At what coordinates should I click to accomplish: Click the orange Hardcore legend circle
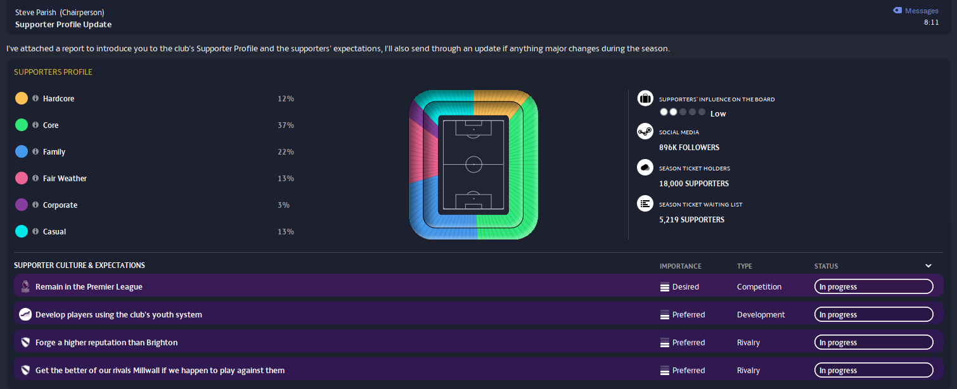[22, 99]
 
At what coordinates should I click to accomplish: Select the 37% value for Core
[285, 125]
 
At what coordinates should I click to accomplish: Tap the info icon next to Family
[35, 152]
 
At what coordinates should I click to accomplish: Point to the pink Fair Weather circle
[22, 179]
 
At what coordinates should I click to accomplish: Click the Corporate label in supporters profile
[60, 205]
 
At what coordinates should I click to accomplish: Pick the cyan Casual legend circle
[22, 232]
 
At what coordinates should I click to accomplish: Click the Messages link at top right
[921, 11]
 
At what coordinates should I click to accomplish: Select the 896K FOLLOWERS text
[689, 148]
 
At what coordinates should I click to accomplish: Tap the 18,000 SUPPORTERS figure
[693, 184]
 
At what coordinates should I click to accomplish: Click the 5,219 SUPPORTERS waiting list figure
[691, 220]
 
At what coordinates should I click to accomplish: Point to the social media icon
[645, 132]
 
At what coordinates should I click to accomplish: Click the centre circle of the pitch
[473, 164]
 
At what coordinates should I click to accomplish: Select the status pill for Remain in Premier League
[873, 287]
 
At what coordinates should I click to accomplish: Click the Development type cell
[761, 315]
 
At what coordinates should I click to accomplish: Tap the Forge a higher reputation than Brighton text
[106, 343]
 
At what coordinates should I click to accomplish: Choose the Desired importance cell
[685, 287]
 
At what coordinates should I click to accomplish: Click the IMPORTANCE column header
[680, 266]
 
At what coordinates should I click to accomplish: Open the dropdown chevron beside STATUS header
[928, 266]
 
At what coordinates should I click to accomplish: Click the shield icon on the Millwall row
[25, 371]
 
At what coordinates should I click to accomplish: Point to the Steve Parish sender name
[35, 13]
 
